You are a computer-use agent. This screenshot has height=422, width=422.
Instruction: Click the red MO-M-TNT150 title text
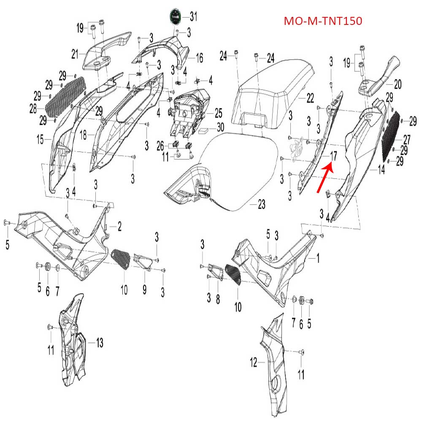tap(323, 21)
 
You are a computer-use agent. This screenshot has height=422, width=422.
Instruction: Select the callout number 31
tap(193, 16)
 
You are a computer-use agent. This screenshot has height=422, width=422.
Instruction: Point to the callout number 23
tap(262, 205)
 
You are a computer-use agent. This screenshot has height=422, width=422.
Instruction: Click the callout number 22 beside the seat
tap(310, 98)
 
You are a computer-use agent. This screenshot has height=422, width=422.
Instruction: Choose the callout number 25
tap(218, 113)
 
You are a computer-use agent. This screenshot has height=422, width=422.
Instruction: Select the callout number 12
tap(254, 362)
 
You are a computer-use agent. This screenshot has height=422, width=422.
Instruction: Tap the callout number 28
tap(33, 109)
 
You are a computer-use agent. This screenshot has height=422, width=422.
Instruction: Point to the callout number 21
tap(75, 54)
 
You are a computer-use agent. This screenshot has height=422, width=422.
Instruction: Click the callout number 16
tap(199, 57)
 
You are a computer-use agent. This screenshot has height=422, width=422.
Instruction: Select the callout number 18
tap(83, 135)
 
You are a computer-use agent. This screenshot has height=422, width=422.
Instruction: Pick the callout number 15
tap(40, 138)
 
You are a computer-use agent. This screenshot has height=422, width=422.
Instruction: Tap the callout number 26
tap(160, 146)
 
